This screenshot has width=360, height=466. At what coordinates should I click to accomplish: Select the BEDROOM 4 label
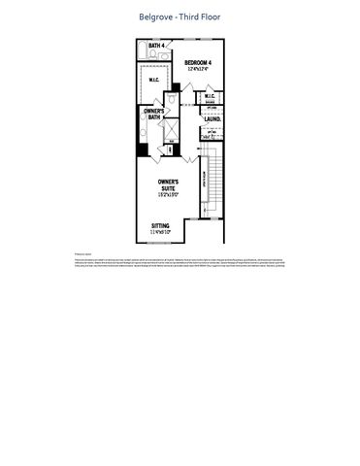click(198, 62)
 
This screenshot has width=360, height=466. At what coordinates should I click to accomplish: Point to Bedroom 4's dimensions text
click(198, 68)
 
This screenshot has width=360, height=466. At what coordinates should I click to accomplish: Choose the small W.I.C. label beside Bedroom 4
click(210, 96)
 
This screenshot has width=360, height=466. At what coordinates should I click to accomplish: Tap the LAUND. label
click(212, 119)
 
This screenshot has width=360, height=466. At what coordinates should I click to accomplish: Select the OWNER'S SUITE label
click(171, 184)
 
